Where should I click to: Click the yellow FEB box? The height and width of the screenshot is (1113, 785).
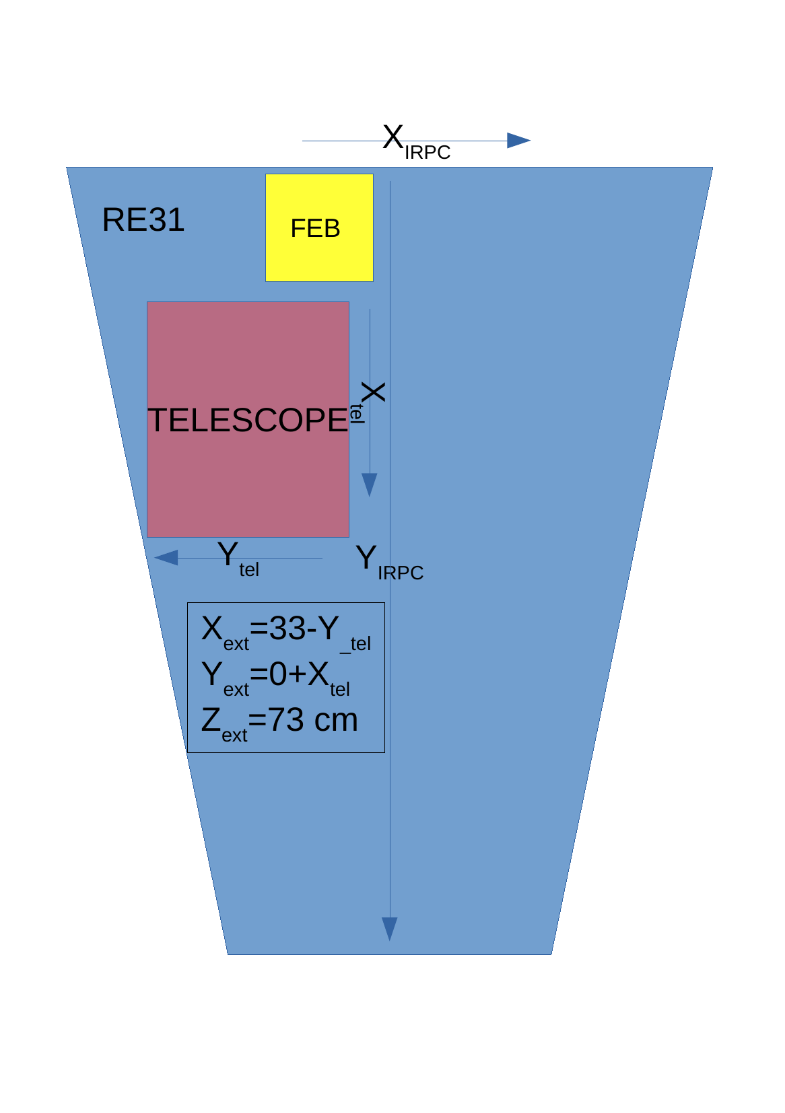(x=319, y=227)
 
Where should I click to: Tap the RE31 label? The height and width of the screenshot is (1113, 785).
(x=143, y=220)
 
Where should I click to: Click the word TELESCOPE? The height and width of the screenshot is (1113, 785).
(x=247, y=421)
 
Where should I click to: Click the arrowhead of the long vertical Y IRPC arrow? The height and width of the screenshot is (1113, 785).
(x=390, y=928)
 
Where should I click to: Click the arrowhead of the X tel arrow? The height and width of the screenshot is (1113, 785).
(x=370, y=484)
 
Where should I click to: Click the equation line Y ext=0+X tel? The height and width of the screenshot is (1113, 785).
(x=275, y=677)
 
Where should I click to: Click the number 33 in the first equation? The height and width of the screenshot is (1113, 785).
(x=287, y=629)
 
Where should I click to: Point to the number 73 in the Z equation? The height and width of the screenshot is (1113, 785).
(x=286, y=720)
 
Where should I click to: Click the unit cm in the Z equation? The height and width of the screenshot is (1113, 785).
(x=336, y=721)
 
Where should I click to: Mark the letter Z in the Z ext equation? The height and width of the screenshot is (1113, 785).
(x=211, y=720)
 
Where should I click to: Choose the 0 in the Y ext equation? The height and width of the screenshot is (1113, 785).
(x=278, y=674)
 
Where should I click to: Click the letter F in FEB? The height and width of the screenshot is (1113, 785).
(x=297, y=229)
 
